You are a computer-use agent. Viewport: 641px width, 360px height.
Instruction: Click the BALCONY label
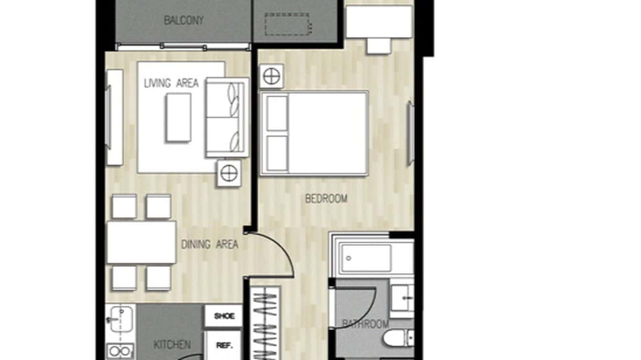coord(184,21)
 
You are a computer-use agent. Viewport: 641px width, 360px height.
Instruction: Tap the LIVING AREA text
coord(171,83)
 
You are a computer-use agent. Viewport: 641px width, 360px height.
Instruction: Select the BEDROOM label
coord(326,199)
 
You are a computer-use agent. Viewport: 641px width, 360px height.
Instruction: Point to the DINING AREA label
coord(210,244)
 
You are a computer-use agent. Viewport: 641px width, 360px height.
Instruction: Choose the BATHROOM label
coord(365,325)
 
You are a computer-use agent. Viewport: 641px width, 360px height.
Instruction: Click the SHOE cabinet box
coord(224,316)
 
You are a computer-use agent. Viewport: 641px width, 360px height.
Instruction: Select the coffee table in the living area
coord(178,117)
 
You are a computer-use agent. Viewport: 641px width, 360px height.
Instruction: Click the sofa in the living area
coord(227,117)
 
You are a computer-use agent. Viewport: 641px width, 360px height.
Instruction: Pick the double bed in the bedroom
coord(314,133)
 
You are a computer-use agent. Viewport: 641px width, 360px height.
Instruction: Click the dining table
coord(141,242)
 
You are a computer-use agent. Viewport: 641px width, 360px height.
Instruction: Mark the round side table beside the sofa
coord(229,173)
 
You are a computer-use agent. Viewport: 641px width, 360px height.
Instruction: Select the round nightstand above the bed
coord(272,76)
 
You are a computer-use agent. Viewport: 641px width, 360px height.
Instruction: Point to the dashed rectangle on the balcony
coord(288,24)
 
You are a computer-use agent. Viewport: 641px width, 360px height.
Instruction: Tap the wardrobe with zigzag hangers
coord(266,325)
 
